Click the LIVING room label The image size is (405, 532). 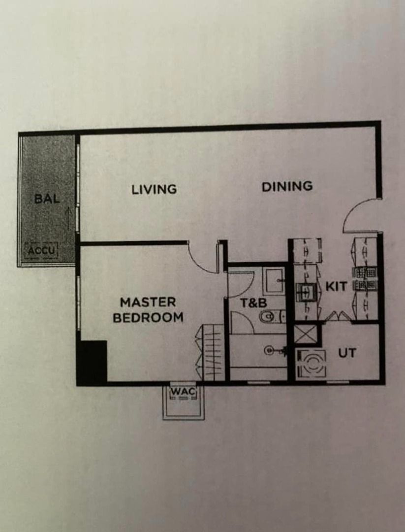tap(154, 189)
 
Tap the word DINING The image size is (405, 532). tap(287, 186)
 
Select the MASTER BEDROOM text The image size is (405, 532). tap(148, 310)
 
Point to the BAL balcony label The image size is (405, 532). tap(47, 199)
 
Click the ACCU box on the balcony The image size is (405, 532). tap(41, 251)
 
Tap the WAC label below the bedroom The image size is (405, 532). tap(183, 391)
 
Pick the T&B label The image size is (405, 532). tap(253, 302)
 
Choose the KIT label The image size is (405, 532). tap(336, 286)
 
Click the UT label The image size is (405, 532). tap(347, 353)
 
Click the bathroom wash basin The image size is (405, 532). tap(274, 281)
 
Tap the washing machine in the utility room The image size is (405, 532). tap(312, 364)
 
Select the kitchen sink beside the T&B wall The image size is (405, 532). tap(306, 292)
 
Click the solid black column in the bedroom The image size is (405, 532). tap(92, 362)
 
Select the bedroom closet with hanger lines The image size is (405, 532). tap(210, 352)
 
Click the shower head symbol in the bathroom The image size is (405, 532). tap(273, 350)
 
